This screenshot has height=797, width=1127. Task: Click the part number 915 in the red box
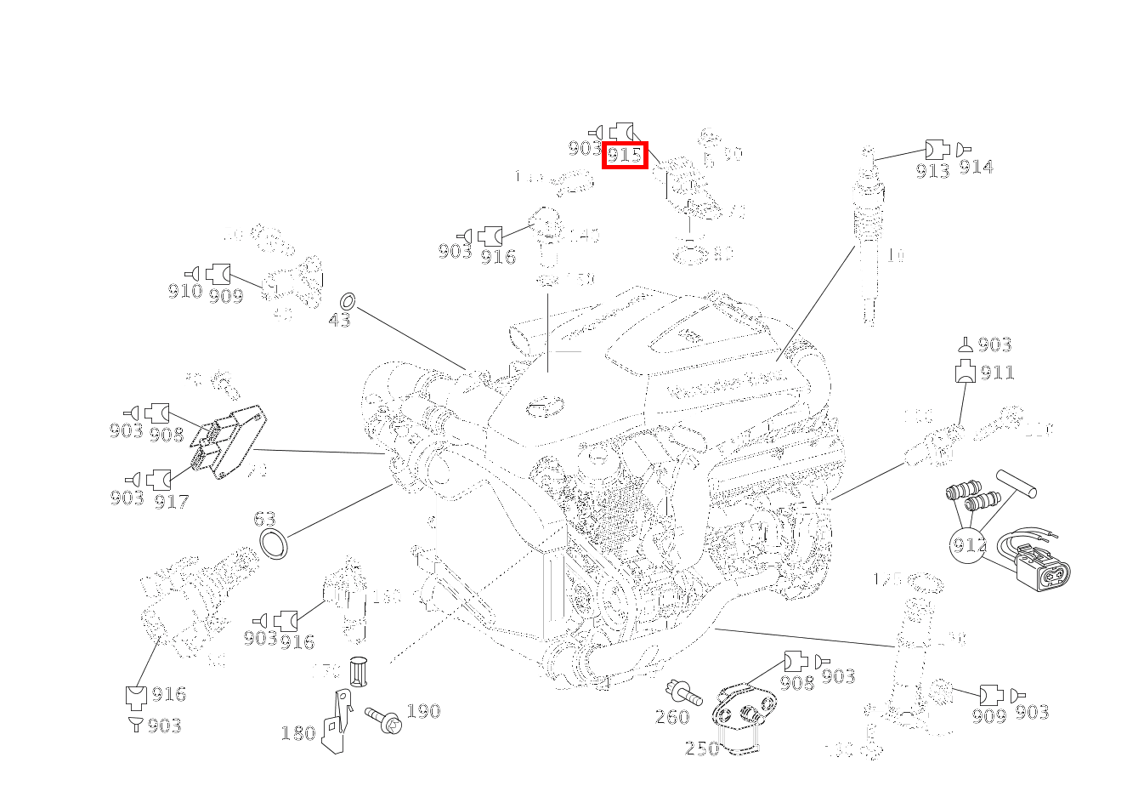tap(625, 155)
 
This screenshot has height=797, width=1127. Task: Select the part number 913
tap(932, 170)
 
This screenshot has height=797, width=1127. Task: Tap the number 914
tap(976, 168)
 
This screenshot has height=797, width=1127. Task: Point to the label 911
tap(997, 373)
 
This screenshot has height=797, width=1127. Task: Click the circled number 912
tap(969, 544)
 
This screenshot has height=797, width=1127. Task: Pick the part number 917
tap(171, 501)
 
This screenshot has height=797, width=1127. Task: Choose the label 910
tap(184, 292)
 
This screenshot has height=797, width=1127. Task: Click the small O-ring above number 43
tap(348, 301)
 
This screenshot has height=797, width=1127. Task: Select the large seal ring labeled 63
tap(274, 543)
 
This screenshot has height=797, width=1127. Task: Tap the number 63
tap(264, 519)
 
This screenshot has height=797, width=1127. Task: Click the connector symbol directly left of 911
tap(965, 372)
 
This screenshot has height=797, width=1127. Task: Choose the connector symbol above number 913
tap(937, 149)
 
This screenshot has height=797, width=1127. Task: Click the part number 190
tap(422, 711)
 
